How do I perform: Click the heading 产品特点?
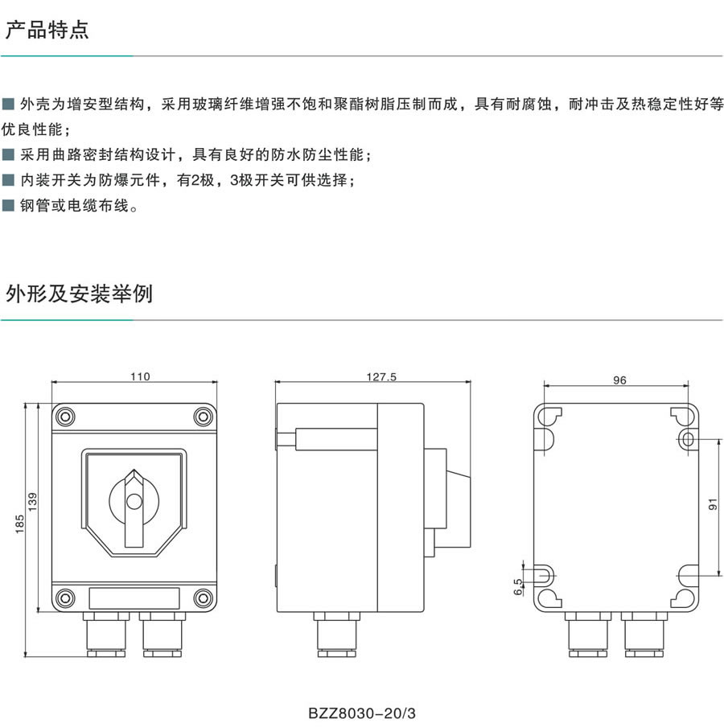(x=47, y=31)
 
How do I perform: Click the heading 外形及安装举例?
(x=79, y=294)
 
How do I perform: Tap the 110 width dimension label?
(x=140, y=376)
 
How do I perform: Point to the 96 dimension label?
(x=619, y=380)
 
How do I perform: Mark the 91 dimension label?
(x=712, y=505)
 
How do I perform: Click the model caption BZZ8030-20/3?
(x=364, y=713)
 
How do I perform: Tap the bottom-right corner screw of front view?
(x=204, y=598)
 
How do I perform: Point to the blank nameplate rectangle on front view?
(x=134, y=598)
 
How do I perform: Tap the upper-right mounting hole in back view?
(x=689, y=439)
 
